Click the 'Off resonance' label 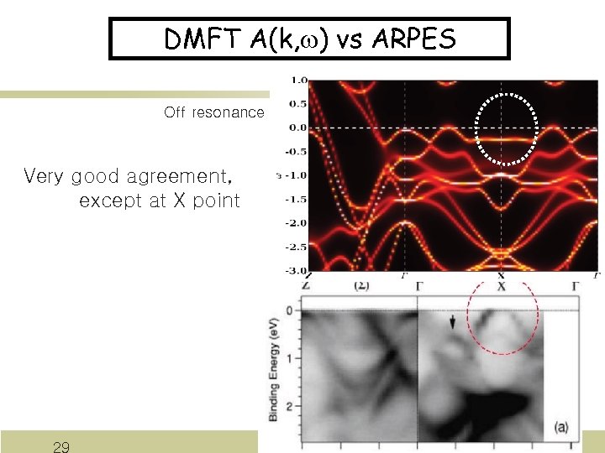point(214,112)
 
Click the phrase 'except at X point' point(159,201)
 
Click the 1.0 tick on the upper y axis point(297,81)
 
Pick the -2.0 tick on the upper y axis point(296,223)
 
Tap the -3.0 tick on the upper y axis point(296,270)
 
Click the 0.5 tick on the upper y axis point(297,105)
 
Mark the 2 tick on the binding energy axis point(289,406)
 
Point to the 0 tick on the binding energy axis point(289,310)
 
